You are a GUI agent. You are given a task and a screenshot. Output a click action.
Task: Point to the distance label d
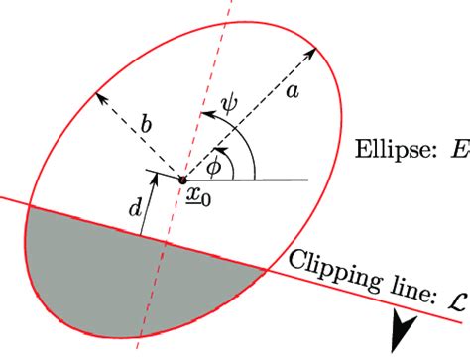pyautogui.click(x=135, y=209)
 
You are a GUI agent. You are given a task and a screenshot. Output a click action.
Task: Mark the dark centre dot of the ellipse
pyautogui.click(x=182, y=180)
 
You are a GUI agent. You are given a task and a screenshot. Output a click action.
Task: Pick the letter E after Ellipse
pyautogui.click(x=459, y=150)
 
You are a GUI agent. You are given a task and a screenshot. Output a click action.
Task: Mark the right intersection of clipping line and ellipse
pyautogui.click(x=267, y=269)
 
